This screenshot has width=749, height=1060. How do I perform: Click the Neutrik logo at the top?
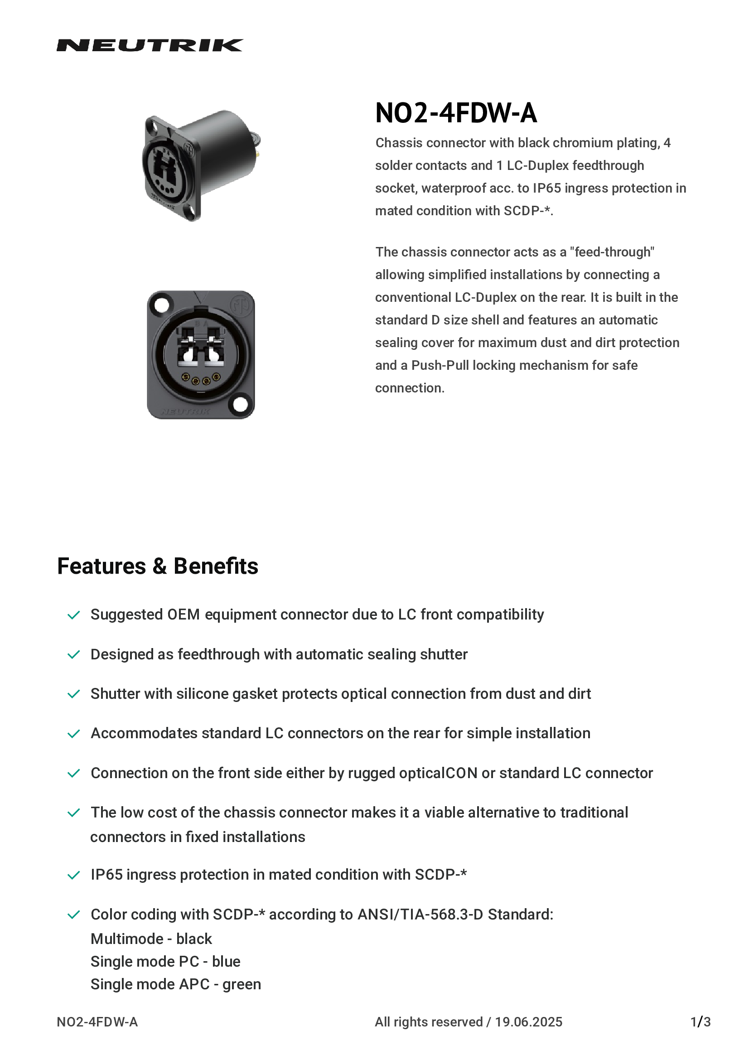tap(150, 45)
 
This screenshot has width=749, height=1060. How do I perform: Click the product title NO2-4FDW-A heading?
tap(456, 113)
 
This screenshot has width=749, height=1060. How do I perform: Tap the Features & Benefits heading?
tap(157, 566)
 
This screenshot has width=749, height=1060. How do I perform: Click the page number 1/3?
tap(700, 1021)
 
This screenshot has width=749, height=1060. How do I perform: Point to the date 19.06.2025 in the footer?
tap(528, 1021)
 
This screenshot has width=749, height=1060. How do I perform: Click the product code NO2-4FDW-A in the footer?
tap(97, 1021)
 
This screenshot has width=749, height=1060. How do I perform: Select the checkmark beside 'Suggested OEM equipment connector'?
tap(74, 615)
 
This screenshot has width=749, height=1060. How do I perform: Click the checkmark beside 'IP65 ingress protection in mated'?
tap(74, 875)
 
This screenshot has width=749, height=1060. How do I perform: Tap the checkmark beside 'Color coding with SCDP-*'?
tap(74, 915)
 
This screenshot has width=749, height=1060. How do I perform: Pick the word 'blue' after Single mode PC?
tap(226, 961)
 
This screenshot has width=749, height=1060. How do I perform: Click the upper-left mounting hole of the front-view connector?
tap(161, 305)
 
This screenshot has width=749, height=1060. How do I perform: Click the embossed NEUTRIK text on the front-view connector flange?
tap(186, 411)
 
